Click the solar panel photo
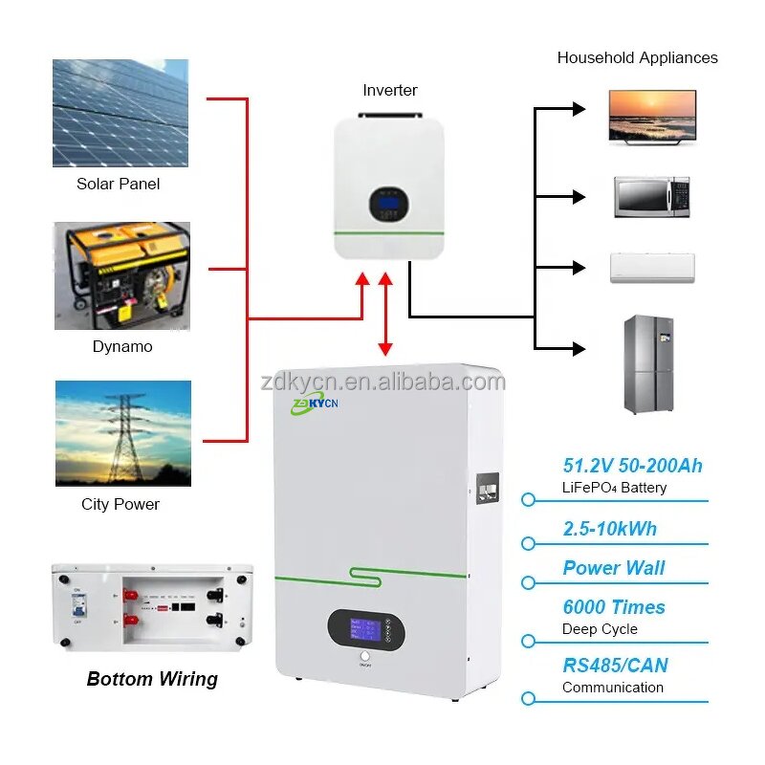point(120,114)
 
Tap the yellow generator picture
point(121,276)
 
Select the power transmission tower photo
point(121,433)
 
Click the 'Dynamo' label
point(122,347)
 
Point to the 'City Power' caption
point(120,504)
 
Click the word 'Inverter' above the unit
point(390,90)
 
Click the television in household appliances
point(653,117)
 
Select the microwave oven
point(651,197)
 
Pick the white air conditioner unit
point(652,268)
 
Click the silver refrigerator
point(648,364)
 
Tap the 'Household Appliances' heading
point(637,57)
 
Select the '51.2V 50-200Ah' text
point(632,466)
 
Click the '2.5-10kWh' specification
point(609,529)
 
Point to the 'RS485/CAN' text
point(615,666)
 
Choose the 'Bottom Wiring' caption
point(152,679)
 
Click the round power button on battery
point(364,658)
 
